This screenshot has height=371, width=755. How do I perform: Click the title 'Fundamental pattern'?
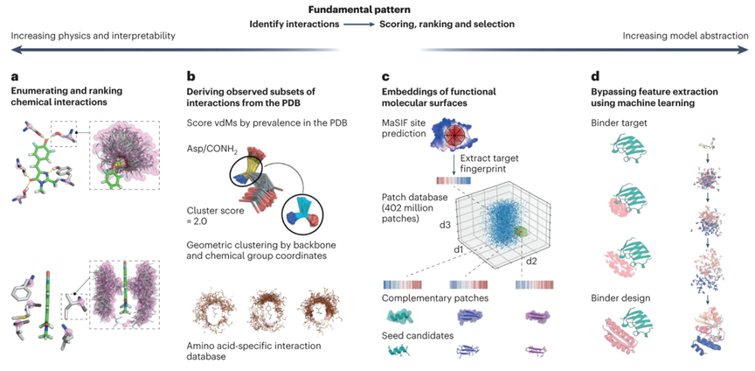coord(377,9)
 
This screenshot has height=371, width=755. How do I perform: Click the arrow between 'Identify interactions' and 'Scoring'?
coord(358,24)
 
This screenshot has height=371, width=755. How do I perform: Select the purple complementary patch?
coord(537,317)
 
